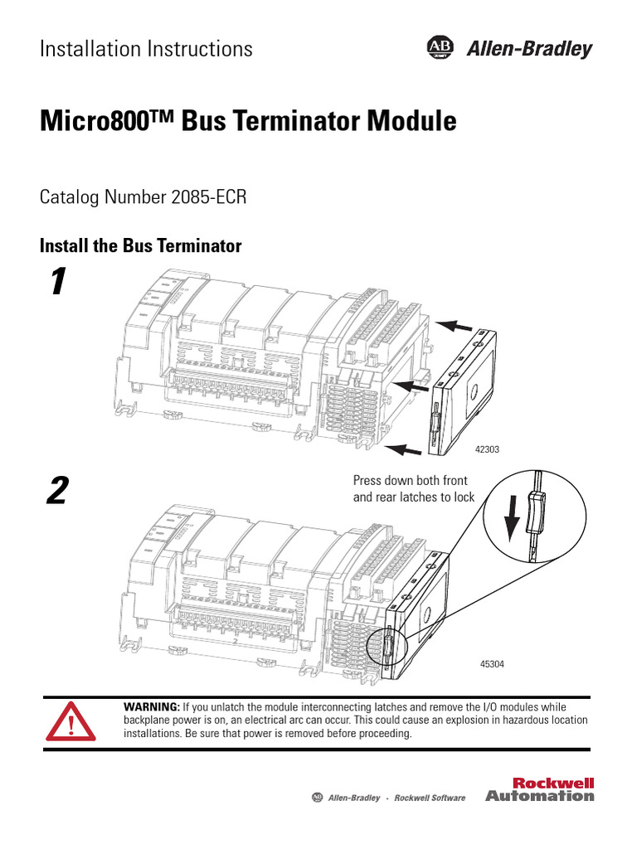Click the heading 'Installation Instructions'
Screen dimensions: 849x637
click(x=147, y=49)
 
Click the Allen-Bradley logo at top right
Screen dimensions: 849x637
click(x=510, y=49)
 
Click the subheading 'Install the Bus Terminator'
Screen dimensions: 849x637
click(x=141, y=246)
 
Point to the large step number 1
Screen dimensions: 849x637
click(x=56, y=284)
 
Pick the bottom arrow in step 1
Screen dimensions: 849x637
click(x=406, y=449)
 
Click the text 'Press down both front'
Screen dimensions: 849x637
click(x=411, y=481)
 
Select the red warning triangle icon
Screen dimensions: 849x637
click(x=71, y=721)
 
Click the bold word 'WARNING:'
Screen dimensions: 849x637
click(x=151, y=706)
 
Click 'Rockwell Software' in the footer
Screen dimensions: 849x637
click(x=430, y=798)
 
